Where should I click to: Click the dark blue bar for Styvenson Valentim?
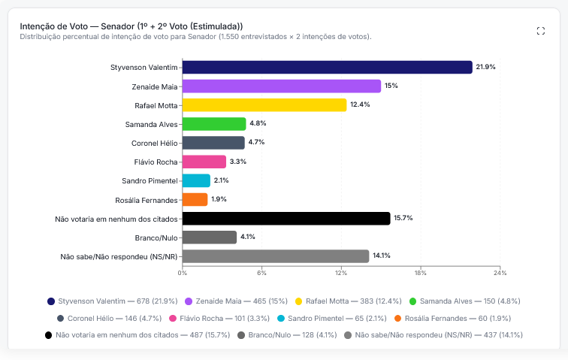click(328, 68)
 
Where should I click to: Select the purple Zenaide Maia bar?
click(282, 86)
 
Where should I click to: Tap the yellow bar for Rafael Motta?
click(264, 105)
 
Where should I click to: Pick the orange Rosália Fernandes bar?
click(195, 199)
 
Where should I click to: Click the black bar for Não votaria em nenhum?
click(286, 218)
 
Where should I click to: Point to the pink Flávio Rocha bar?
click(204, 162)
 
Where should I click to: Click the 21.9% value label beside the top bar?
click(485, 67)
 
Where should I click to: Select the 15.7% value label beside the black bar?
click(403, 218)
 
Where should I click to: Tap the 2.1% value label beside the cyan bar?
click(221, 180)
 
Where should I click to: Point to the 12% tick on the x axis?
click(341, 273)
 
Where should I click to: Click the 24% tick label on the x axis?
click(500, 273)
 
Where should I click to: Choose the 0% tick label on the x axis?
click(183, 273)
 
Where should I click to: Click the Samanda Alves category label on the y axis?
click(152, 124)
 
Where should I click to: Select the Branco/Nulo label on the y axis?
click(156, 237)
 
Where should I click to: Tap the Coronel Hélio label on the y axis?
click(154, 144)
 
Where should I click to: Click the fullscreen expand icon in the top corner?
click(540, 31)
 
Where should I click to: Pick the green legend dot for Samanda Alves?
click(412, 301)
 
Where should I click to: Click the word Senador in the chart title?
click(118, 26)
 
